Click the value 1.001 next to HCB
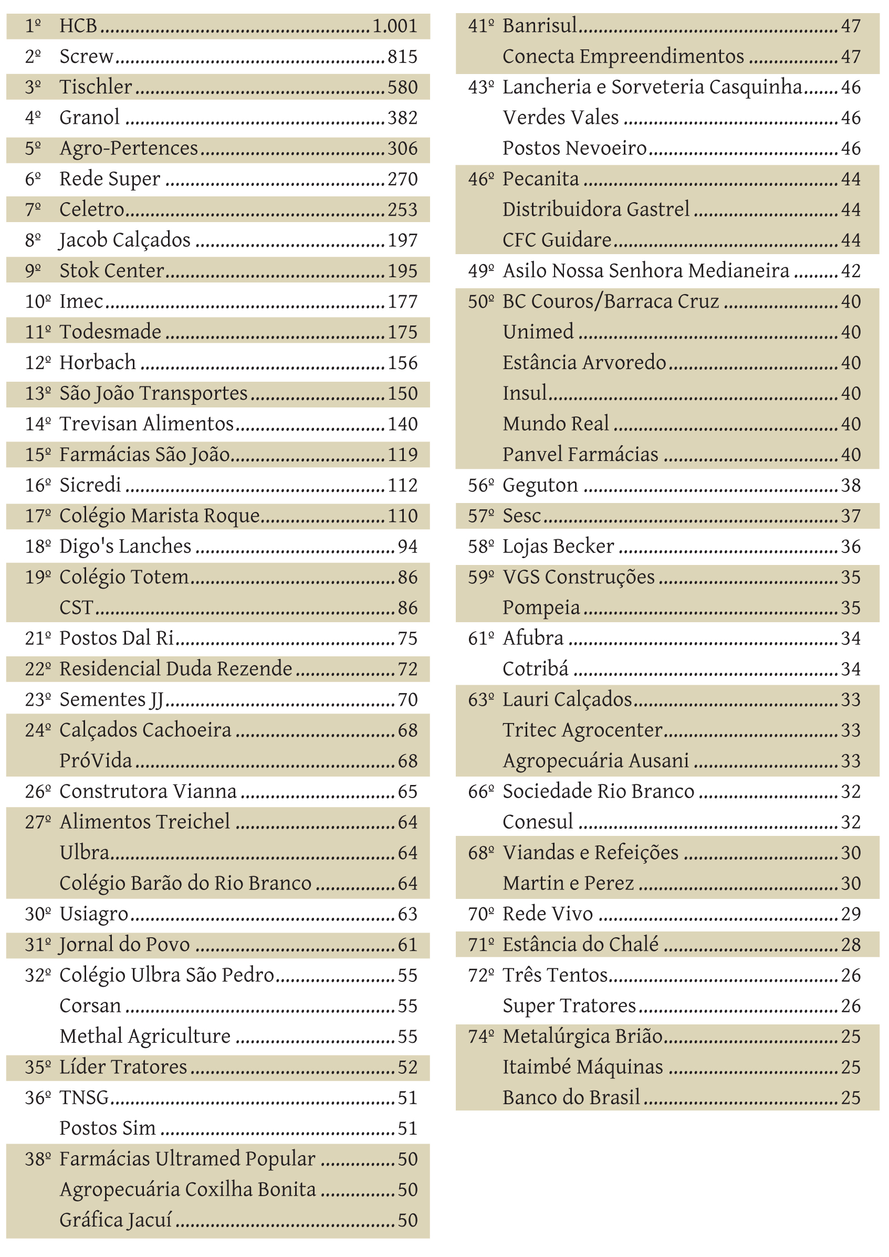coord(395,26)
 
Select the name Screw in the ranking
coord(87,57)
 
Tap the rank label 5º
coord(33,149)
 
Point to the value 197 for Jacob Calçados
coord(402,240)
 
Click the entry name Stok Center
coord(112,271)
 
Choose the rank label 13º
coord(38,394)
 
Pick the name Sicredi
coord(90,485)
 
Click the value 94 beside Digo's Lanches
coord(407,547)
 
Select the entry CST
coord(76,607)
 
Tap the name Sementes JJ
coord(111,700)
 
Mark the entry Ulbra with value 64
coord(85,853)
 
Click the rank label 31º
coord(38,945)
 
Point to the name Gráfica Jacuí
coord(116,1220)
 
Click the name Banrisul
coord(540,26)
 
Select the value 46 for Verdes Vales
coord(851,118)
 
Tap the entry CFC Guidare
coord(557,240)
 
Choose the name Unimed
coord(538,332)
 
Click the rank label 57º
coord(480,516)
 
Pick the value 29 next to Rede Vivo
coord(851,914)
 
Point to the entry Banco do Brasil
coord(571,1098)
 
